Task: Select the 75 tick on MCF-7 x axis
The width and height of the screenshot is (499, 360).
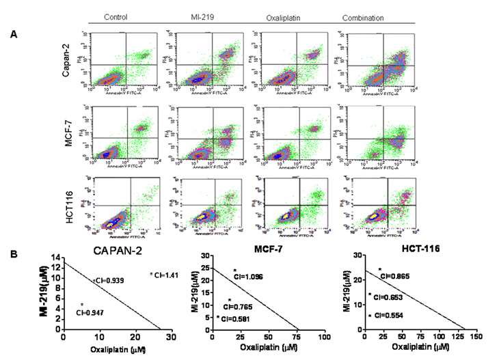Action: (299, 337)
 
